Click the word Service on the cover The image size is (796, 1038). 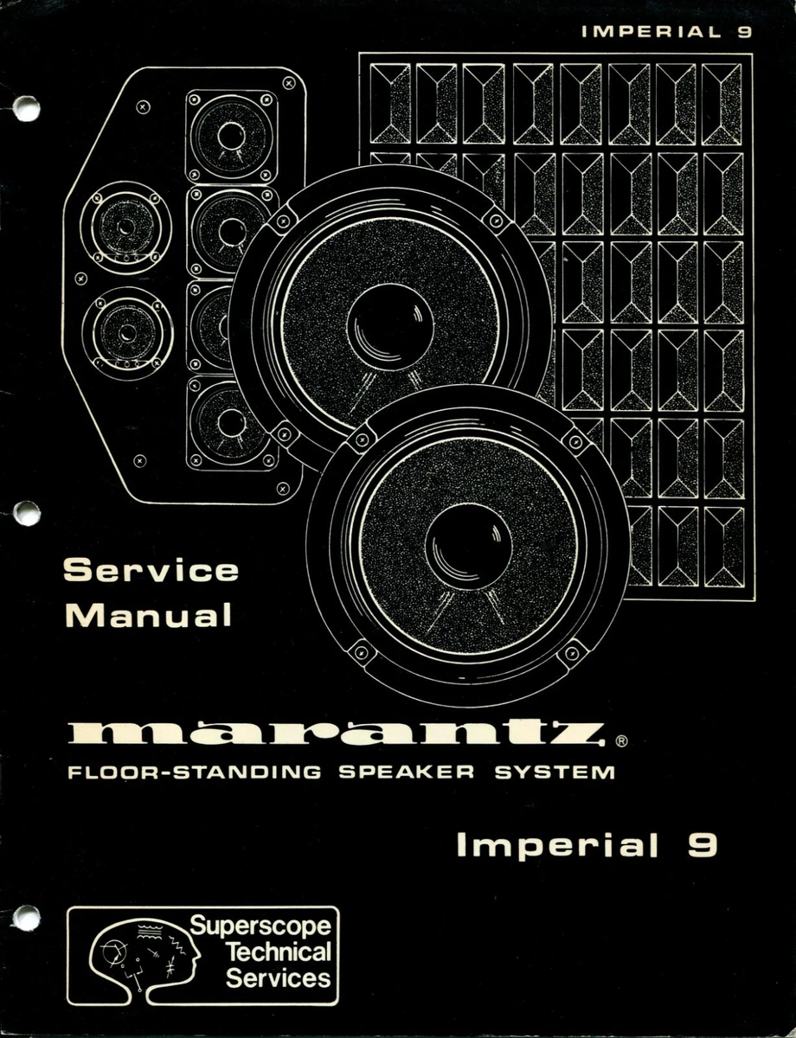click(151, 571)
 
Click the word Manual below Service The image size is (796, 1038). click(150, 615)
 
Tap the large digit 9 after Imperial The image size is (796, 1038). click(702, 844)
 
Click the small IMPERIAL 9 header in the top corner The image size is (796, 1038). click(666, 33)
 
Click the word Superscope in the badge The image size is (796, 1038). click(260, 926)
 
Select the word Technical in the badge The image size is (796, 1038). click(278, 952)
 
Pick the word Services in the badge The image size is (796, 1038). click(278, 978)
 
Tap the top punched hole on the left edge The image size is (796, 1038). click(26, 108)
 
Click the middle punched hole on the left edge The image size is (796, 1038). click(26, 513)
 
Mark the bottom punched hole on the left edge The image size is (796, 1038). click(26, 918)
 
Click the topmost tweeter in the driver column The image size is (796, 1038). click(231, 136)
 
